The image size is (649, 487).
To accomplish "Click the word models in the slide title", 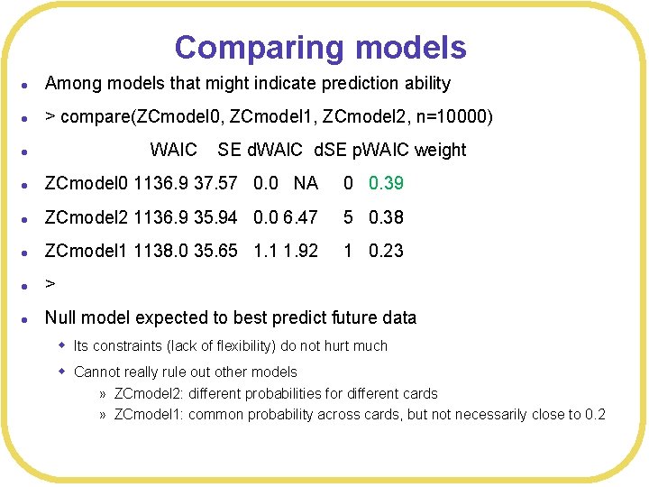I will click(x=410, y=47).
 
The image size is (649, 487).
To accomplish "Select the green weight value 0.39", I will click(x=386, y=183).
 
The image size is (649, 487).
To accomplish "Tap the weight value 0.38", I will click(x=386, y=217).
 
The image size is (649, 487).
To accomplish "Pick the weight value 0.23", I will click(x=386, y=251).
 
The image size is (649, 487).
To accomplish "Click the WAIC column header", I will click(x=173, y=150).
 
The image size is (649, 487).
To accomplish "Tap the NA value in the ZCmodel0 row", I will click(x=306, y=183).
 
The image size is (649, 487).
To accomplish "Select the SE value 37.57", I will click(x=215, y=183).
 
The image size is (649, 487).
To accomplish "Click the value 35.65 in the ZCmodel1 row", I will click(x=215, y=251).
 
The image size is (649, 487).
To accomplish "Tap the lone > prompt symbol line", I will click(x=50, y=284).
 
